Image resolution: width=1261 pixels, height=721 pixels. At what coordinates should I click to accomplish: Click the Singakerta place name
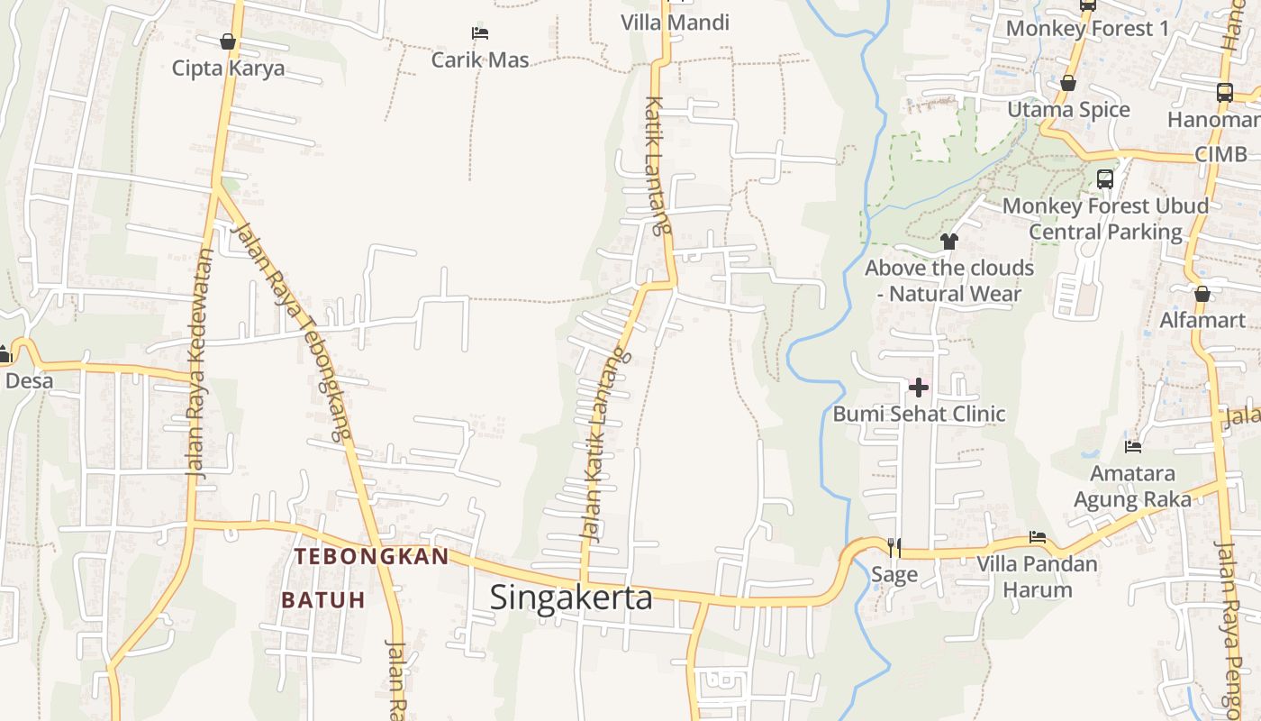click(571, 598)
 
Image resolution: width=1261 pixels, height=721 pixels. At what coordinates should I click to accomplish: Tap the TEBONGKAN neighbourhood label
click(371, 556)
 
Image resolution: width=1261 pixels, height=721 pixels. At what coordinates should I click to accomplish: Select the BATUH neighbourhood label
click(322, 599)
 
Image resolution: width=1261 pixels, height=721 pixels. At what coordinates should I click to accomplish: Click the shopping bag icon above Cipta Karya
click(228, 41)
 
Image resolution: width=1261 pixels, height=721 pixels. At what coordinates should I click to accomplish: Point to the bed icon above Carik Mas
click(480, 34)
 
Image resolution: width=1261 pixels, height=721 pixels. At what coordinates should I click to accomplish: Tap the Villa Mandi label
click(675, 23)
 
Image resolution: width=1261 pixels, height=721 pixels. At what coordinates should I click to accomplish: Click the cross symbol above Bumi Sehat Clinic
click(919, 388)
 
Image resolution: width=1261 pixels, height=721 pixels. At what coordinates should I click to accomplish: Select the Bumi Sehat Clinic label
click(919, 414)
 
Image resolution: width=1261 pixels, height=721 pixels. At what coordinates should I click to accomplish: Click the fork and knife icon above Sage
click(894, 547)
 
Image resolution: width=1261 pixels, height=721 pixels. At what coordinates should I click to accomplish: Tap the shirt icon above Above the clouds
click(949, 242)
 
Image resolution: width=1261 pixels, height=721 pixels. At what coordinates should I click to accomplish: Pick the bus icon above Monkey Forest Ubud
click(1105, 178)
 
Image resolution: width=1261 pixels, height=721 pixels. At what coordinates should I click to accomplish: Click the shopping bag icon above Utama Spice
click(1068, 84)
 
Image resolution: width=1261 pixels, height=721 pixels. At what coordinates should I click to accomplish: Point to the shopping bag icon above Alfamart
click(1202, 294)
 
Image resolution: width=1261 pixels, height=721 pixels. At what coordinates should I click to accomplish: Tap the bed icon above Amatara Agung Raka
click(1133, 446)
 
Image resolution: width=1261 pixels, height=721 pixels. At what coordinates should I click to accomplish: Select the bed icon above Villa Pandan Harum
click(1038, 537)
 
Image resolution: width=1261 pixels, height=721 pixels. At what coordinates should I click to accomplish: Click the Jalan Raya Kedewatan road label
click(198, 362)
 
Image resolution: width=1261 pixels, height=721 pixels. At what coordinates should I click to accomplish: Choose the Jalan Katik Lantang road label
click(603, 446)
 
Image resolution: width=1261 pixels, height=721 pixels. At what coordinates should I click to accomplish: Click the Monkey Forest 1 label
click(1087, 28)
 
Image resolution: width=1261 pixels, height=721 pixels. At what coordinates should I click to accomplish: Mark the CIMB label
click(1220, 154)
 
